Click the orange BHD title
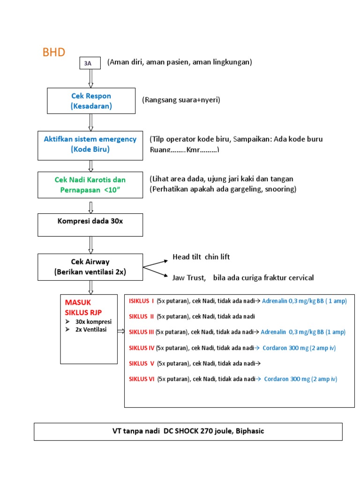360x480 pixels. click(54, 52)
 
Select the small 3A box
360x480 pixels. click(90, 63)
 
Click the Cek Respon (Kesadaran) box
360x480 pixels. click(91, 101)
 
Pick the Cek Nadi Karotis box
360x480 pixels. click(90, 185)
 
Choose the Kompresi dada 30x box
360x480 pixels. click(90, 225)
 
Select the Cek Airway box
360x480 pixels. click(90, 267)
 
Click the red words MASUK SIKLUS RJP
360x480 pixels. click(83, 307)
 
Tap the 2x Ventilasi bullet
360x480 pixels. click(90, 330)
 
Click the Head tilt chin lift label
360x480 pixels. click(201, 257)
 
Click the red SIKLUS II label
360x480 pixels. click(142, 316)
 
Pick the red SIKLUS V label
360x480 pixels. click(142, 363)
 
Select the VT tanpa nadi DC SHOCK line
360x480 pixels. click(188, 431)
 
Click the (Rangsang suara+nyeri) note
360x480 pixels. click(181, 100)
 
